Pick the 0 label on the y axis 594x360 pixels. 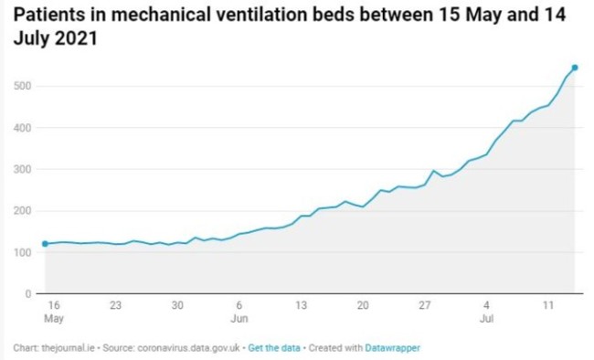coord(27,294)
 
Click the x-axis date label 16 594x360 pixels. coord(53,306)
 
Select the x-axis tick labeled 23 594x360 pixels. coord(115,306)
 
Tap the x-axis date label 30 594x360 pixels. coord(177,306)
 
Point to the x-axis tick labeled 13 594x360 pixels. coord(301,306)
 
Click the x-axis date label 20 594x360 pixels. coord(363,306)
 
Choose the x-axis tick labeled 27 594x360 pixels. coord(425,306)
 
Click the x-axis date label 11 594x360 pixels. coord(548,306)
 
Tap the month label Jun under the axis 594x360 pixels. coord(239,319)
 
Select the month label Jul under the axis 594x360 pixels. coord(486,319)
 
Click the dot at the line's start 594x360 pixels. coord(45,244)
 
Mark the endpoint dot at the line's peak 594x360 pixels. coord(574,68)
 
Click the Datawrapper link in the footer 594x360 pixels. coord(393,348)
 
